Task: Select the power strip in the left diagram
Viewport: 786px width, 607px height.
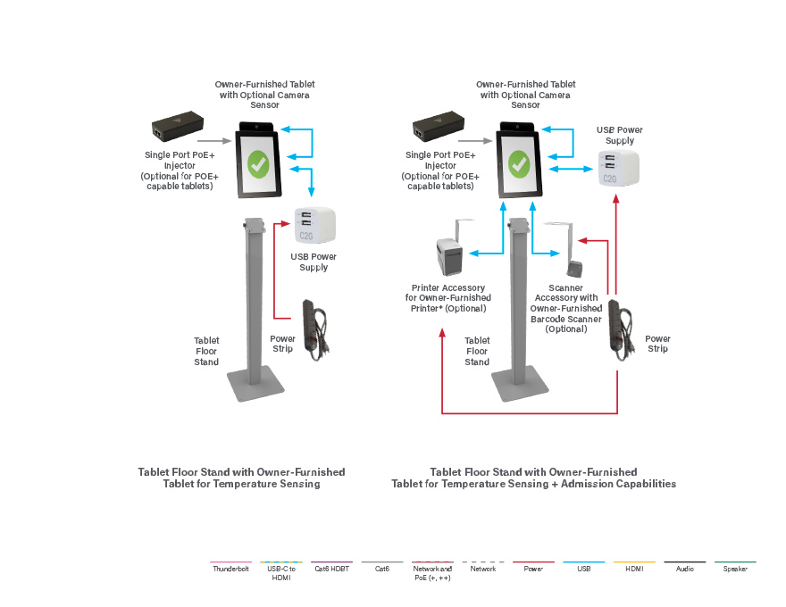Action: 314,329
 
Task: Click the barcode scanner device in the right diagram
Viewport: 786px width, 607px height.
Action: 575,265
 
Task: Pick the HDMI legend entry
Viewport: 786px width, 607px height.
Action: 634,569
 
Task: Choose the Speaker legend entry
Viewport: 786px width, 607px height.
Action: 735,569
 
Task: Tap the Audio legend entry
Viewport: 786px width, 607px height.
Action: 685,569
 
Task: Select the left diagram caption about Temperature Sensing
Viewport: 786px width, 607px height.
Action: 241,478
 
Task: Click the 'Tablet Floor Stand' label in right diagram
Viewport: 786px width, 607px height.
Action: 477,351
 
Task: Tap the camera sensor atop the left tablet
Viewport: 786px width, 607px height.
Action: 257,128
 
